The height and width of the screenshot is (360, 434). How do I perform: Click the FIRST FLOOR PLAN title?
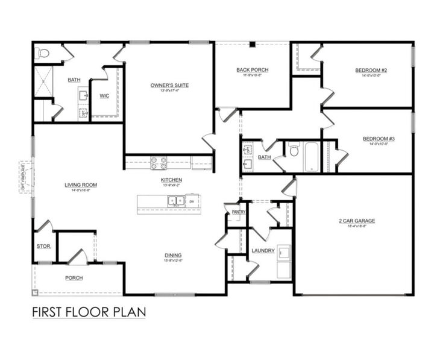pyautogui.click(x=88, y=313)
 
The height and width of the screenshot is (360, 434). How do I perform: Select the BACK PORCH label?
pyautogui.click(x=252, y=70)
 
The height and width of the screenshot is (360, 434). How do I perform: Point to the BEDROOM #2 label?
pyautogui.click(x=374, y=71)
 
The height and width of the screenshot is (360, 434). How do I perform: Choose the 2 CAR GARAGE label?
pyautogui.click(x=356, y=221)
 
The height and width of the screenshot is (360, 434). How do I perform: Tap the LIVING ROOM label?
pyautogui.click(x=81, y=185)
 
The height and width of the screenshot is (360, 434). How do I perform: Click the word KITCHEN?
pyautogui.click(x=171, y=180)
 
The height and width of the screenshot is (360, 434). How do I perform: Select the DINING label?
pyautogui.click(x=174, y=255)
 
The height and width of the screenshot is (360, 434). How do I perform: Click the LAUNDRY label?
pyautogui.click(x=263, y=250)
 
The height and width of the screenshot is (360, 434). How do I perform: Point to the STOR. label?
pyautogui.click(x=44, y=246)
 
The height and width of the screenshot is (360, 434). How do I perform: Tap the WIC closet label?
pyautogui.click(x=104, y=95)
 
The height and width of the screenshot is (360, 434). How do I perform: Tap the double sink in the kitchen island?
pyautogui.click(x=175, y=201)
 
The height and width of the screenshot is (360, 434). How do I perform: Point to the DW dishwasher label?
pyautogui.click(x=191, y=201)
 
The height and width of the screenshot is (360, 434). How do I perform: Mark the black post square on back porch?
pyautogui.click(x=254, y=44)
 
